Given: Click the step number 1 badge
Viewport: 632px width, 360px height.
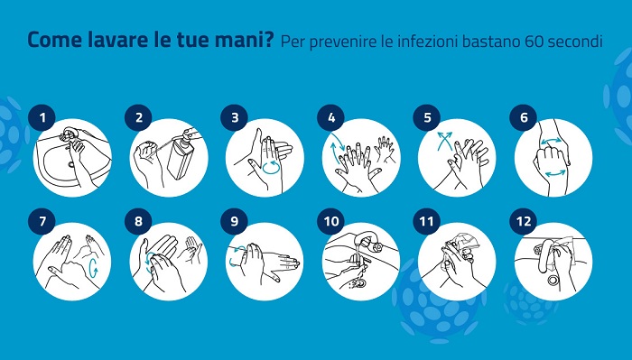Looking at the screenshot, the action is pyautogui.click(x=42, y=117).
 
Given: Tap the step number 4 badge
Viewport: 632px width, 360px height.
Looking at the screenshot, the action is pyautogui.click(x=331, y=117).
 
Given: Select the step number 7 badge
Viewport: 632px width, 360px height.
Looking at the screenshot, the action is pyautogui.click(x=42, y=221).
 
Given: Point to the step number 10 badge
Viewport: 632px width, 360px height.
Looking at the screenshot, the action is pyautogui.click(x=331, y=221).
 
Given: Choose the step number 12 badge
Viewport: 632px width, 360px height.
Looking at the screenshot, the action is pyautogui.click(x=523, y=221).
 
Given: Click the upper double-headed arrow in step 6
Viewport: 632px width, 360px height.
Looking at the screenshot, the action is pyautogui.click(x=551, y=141).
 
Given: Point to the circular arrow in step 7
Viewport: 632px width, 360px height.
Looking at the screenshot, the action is pyautogui.click(x=93, y=267).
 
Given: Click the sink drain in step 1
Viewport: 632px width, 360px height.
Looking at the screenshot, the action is pyautogui.click(x=71, y=164).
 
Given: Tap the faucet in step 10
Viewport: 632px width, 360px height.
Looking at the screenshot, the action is pyautogui.click(x=366, y=241).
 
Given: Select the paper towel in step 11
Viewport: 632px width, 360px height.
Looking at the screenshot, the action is pyautogui.click(x=463, y=243).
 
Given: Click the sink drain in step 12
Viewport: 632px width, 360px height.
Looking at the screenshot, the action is pyautogui.click(x=553, y=280).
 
